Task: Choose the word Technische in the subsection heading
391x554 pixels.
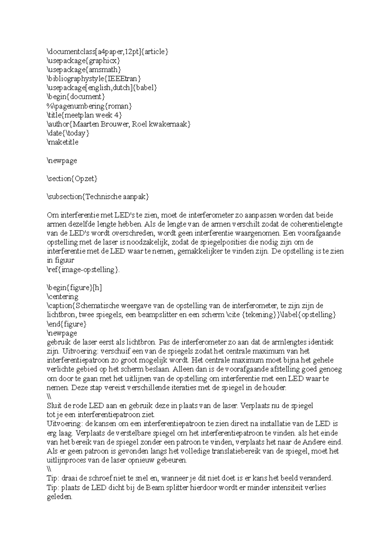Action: (103, 197)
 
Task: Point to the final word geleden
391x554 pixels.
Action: (59, 497)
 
